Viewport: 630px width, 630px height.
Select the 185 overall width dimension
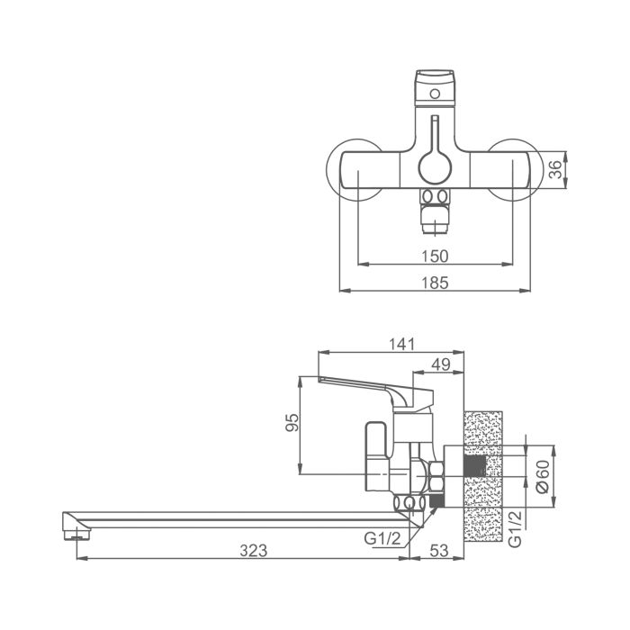coord(435,283)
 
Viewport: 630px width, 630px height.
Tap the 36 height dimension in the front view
coord(555,167)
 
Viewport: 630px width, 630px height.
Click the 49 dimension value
coord(440,364)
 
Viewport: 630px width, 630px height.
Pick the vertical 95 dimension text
coord(290,423)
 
